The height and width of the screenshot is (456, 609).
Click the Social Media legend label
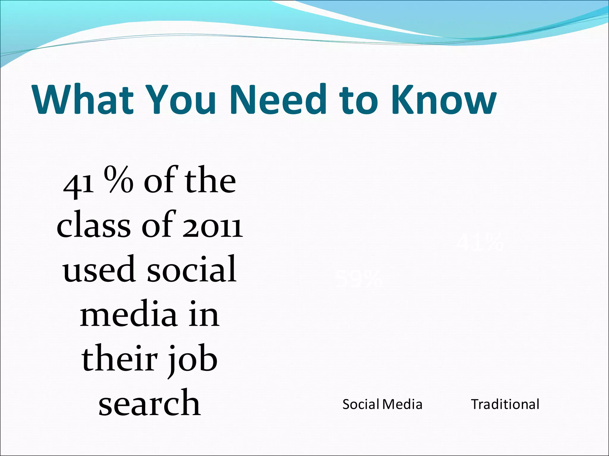382,404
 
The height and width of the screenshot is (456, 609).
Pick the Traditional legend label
505,404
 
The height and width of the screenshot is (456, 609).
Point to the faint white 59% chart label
358,279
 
